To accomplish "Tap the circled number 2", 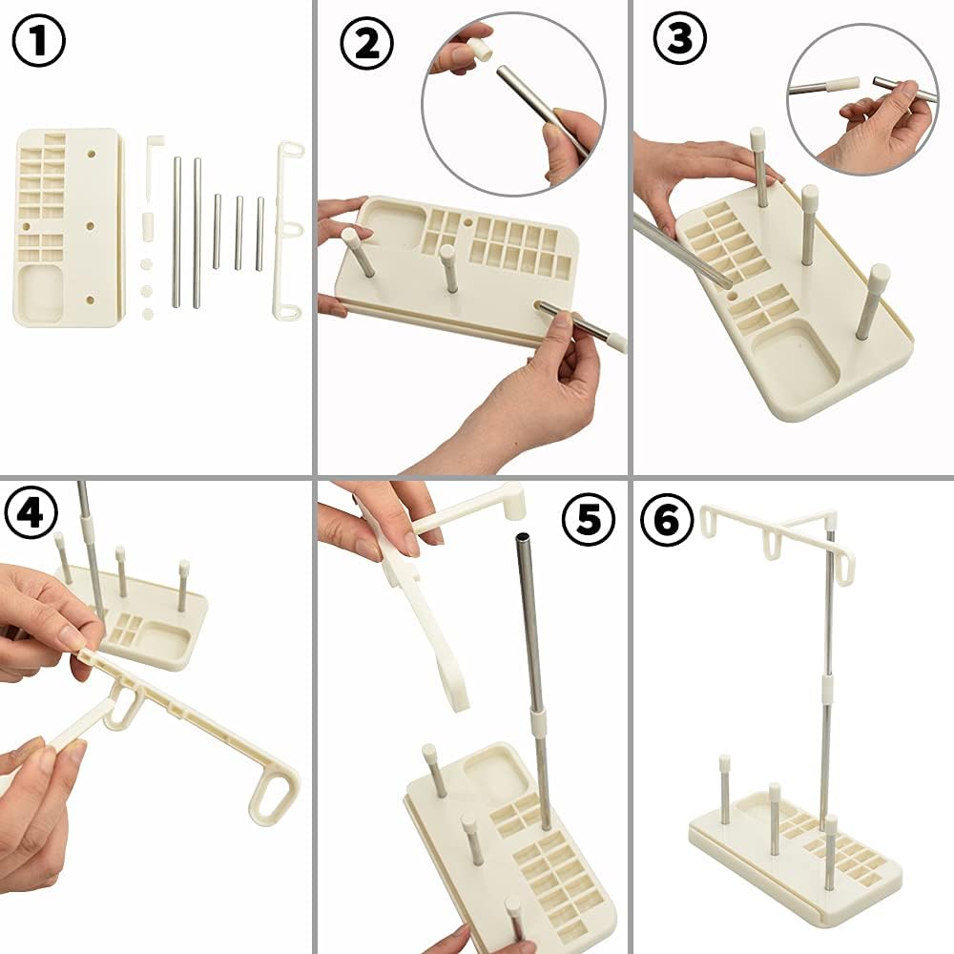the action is pos(367,43).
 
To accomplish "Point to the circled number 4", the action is pos(31,512).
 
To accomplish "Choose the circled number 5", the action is pos(589,519).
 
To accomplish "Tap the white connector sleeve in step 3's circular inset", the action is pos(841,85).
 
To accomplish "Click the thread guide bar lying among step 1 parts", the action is pos(288,230).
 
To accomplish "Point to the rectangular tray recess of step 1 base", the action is pos(41,292).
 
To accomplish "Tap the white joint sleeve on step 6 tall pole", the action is pos(827,687).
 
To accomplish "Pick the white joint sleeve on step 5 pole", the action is pos(538,721).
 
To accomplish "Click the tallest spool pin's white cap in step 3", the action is pos(757,139).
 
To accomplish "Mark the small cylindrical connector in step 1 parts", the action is pos(148,225).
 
